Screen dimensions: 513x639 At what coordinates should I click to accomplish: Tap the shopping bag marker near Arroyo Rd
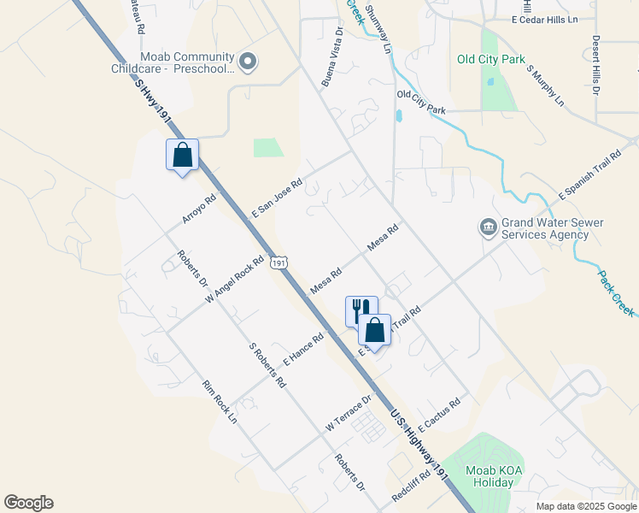click(182, 156)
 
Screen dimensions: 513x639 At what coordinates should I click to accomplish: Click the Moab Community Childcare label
click(172, 62)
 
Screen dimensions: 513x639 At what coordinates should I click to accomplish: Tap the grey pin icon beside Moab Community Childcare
click(248, 61)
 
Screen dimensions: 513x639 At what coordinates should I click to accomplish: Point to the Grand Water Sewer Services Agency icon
click(488, 227)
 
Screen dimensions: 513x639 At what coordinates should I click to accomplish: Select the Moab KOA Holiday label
click(490, 476)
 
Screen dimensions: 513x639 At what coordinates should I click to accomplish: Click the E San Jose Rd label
click(278, 198)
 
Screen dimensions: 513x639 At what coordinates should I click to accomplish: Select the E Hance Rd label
click(304, 349)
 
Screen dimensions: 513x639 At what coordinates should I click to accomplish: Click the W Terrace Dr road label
click(349, 413)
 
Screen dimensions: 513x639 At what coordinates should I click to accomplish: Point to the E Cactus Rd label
click(440, 413)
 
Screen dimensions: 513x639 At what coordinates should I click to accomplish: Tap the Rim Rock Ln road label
click(220, 403)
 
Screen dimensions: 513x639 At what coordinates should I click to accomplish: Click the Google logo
click(28, 503)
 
